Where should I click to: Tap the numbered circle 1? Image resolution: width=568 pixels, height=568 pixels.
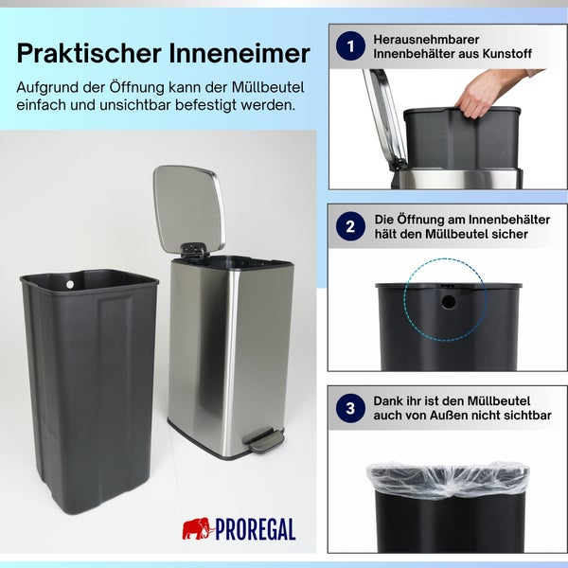point(351,46)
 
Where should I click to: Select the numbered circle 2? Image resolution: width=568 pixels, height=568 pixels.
point(351,226)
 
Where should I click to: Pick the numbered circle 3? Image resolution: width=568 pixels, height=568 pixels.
point(351,408)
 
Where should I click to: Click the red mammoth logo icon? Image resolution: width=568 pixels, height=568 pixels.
point(197,528)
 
